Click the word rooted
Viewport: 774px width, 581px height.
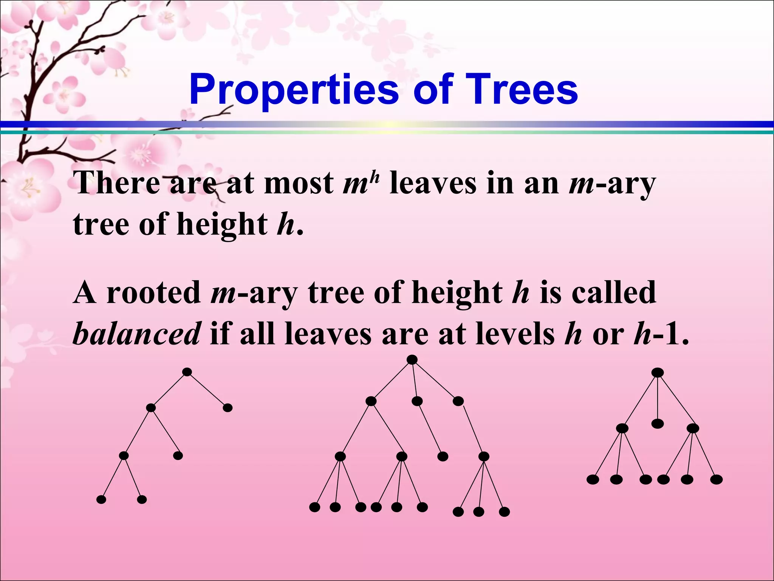153,293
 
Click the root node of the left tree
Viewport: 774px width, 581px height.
187,372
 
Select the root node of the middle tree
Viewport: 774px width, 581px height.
412,360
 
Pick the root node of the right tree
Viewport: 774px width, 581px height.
658,373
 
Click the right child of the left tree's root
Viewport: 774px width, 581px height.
228,408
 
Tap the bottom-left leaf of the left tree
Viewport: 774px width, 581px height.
101,500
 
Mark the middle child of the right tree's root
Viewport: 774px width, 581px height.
658,424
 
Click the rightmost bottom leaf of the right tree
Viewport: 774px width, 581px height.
716,480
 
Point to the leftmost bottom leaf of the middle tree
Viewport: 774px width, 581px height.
314,507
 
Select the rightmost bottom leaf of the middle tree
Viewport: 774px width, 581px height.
504,512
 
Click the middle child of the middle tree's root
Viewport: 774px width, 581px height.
417,401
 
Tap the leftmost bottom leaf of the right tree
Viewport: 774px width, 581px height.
593,480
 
